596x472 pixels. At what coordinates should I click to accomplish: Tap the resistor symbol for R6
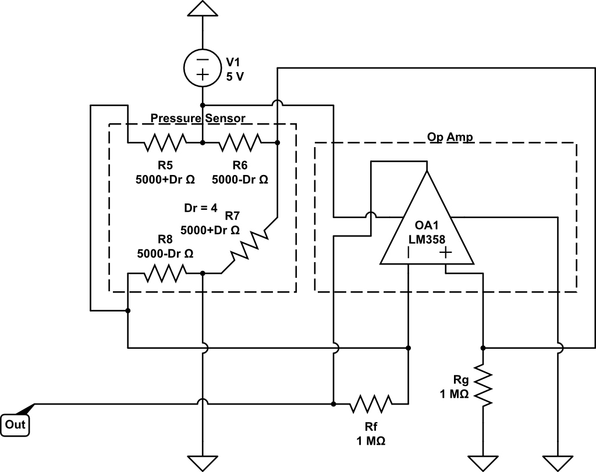[240, 141]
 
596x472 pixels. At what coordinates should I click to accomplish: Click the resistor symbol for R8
[165, 272]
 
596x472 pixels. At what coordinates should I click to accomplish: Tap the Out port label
[15, 425]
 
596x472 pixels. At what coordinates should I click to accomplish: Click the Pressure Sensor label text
[198, 118]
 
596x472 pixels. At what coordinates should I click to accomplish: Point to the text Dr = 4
[200, 208]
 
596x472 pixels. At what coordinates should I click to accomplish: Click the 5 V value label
[235, 75]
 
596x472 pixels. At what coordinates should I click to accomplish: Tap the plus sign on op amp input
[446, 253]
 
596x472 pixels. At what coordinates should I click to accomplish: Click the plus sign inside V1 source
[202, 74]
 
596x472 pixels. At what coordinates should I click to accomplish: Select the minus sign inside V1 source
[202, 60]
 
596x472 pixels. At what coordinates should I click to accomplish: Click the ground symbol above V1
[202, 8]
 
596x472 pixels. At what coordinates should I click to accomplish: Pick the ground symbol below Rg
[483, 462]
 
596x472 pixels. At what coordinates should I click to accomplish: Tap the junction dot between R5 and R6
[202, 141]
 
